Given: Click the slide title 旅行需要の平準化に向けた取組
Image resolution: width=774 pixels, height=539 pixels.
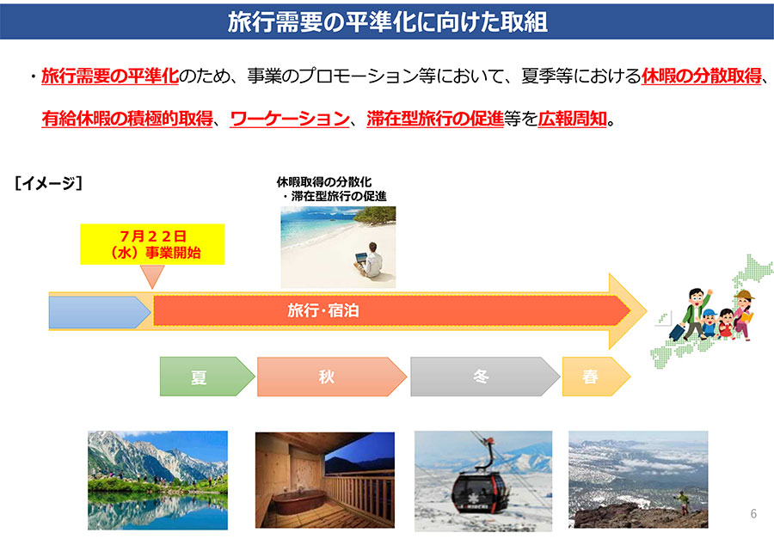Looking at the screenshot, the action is coord(388,22).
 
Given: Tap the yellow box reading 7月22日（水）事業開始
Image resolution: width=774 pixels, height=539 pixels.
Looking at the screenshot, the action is coord(152,244).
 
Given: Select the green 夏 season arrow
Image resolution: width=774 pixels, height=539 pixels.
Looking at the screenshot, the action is coord(206,377).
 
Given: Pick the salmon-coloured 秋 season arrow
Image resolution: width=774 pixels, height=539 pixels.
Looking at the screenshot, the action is coord(331,377).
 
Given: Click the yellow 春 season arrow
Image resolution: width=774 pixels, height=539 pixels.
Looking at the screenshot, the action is coord(596,377).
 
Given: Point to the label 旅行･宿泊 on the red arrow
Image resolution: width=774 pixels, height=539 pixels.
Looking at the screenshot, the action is coord(323,310).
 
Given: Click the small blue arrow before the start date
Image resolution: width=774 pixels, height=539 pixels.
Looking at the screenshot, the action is coord(100,312).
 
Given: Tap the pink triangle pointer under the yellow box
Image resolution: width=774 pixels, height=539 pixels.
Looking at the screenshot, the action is coord(152,275).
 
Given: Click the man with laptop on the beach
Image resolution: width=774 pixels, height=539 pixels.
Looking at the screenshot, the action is coord(368,260).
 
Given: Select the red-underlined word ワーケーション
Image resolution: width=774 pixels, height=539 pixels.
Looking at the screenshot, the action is coord(290,119).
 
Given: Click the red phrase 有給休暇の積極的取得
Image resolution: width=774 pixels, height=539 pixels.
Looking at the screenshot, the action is coord(127,119).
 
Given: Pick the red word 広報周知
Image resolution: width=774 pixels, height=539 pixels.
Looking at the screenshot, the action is coord(572,119).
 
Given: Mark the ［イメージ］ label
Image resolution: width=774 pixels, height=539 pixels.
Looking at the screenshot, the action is coord(48,183).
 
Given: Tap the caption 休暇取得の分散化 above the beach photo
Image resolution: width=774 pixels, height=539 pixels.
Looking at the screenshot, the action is coord(324,182).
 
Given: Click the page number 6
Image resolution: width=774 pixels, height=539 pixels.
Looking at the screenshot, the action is coord(753,513).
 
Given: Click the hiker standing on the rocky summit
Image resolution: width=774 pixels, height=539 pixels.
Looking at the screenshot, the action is coord(682,503).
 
